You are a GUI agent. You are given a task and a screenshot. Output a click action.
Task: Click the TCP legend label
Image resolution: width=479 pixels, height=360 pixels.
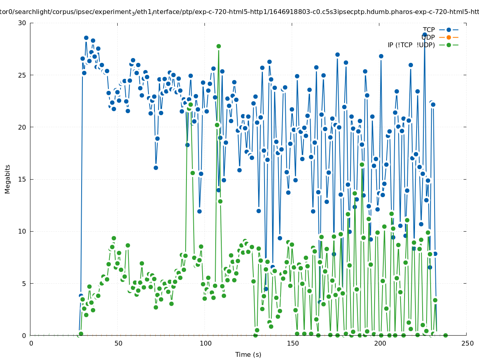429,30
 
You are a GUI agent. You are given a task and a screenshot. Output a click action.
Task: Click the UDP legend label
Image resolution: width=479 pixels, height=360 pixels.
428,37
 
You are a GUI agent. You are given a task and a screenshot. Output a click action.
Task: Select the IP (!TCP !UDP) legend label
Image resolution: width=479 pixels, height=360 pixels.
411,45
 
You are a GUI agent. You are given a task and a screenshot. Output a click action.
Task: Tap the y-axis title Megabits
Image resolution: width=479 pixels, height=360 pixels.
8,179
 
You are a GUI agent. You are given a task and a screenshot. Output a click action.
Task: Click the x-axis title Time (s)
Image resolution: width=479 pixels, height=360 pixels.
248,354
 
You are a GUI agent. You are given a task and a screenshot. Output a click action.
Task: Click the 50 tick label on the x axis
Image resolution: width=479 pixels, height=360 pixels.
118,343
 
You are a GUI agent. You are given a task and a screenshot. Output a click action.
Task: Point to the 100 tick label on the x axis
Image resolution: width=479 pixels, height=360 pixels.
205,343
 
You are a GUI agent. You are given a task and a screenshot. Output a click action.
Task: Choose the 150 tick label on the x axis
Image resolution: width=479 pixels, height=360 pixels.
293,343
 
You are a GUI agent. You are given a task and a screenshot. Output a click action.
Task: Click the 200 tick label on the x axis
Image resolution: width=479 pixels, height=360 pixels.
380,343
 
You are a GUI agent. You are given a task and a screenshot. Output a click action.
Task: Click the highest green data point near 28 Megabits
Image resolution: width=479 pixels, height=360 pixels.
218,46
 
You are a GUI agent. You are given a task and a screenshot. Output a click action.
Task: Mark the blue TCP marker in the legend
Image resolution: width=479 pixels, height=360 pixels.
449,30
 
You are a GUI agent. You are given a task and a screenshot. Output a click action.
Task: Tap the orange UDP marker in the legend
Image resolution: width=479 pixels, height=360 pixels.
449,37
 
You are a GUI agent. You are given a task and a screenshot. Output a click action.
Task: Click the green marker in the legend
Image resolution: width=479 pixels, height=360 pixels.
449,45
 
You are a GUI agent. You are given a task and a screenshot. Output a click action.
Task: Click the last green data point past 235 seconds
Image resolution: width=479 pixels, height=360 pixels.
445,335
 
